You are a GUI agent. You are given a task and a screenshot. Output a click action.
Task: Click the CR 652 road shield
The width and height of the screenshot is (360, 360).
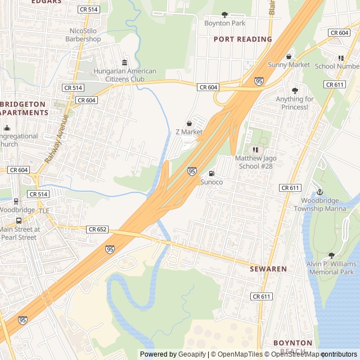(x=97, y=229)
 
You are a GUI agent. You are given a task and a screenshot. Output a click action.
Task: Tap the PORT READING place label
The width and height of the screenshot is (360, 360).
(x=242, y=39)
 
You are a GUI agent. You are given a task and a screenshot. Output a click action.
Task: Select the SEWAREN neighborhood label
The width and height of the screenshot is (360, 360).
(x=268, y=269)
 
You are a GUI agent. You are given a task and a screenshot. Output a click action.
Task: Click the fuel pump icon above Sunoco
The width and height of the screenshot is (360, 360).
(x=211, y=173)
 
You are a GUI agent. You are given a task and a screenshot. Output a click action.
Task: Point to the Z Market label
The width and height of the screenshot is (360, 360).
(x=188, y=132)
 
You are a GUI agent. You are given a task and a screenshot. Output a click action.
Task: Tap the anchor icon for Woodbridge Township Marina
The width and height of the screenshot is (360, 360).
(x=319, y=191)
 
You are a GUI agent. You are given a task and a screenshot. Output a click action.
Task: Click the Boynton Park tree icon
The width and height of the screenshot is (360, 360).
(x=224, y=15)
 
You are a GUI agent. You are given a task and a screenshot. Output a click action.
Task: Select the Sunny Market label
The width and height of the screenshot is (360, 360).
(x=289, y=65)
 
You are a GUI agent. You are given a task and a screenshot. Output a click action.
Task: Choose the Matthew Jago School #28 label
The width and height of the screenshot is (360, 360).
(x=256, y=163)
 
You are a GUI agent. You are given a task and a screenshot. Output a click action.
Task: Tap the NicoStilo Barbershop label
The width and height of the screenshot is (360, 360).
(x=83, y=35)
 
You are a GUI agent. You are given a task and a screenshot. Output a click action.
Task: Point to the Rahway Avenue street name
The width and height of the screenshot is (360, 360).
(x=57, y=138)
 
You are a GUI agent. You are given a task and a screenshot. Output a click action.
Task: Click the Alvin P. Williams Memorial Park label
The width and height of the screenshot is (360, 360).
(x=331, y=268)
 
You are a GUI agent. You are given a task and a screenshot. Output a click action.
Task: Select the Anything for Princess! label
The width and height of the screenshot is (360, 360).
(x=294, y=103)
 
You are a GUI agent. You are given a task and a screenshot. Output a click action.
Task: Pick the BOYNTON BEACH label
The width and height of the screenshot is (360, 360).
(x=292, y=346)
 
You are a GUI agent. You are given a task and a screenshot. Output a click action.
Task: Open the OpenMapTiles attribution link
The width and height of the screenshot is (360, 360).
(x=234, y=354)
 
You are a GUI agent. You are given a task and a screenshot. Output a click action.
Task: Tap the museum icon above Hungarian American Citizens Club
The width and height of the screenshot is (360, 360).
(x=124, y=62)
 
